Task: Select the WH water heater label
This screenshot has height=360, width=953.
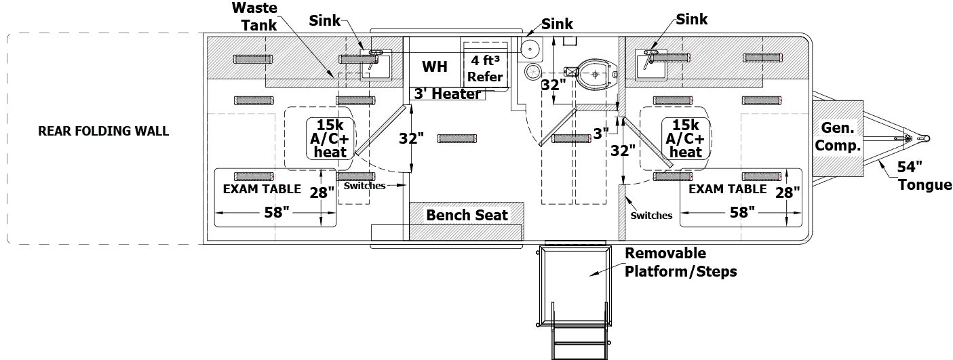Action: click(x=434, y=67)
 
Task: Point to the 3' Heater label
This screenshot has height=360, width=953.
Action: click(x=448, y=94)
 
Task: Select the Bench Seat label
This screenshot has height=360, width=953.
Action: click(x=467, y=215)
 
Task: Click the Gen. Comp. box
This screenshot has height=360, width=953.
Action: click(x=838, y=136)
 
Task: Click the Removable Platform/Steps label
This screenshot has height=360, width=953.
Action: click(x=680, y=262)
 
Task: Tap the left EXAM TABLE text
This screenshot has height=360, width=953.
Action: click(x=262, y=189)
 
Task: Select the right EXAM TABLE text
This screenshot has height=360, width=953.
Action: click(x=727, y=189)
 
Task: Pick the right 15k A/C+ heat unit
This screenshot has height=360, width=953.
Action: click(x=685, y=138)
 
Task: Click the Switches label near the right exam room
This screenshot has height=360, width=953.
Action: click(x=651, y=216)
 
